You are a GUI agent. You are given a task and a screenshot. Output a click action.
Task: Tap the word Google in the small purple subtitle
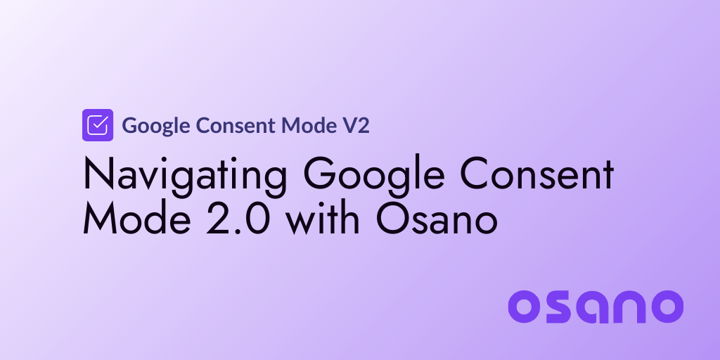click(157, 126)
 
